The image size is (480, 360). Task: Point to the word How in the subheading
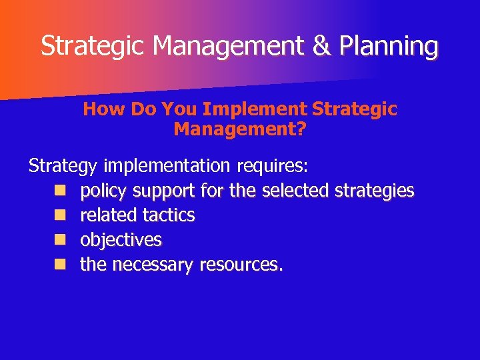105,109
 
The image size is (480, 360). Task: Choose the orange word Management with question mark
240,129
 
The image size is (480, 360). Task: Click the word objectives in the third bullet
121,240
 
